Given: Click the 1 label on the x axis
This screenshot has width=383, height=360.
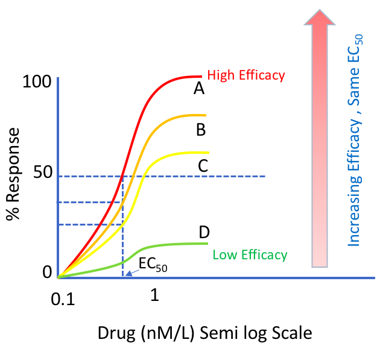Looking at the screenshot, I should click(x=154, y=295).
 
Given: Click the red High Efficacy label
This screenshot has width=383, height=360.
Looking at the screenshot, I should click(x=245, y=75).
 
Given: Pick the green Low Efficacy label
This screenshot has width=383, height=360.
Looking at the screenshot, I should click(x=250, y=254).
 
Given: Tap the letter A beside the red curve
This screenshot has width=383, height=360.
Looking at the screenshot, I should click(x=198, y=89).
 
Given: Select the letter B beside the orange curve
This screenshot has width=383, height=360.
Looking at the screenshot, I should click(x=201, y=129).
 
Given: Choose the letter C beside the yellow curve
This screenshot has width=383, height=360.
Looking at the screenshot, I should click(x=203, y=166).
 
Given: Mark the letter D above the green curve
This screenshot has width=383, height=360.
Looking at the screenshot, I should click(x=204, y=232).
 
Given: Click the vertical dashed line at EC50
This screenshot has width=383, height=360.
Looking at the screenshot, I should click(x=123, y=229).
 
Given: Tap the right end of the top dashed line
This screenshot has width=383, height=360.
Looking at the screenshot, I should click(x=264, y=176).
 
